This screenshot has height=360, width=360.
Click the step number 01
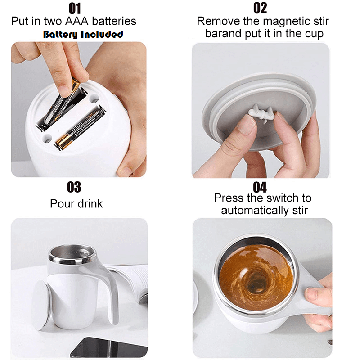[x=75, y=9]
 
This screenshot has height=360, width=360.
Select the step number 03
[x=74, y=187]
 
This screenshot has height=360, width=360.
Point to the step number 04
[x=260, y=187]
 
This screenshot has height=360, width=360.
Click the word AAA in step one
[x=76, y=21]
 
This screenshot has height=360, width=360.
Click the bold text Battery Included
[x=83, y=35]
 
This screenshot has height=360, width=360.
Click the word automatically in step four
[x=255, y=211]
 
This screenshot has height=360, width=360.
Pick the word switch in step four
[x=280, y=198]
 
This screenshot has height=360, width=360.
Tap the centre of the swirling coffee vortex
[x=255, y=285]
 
